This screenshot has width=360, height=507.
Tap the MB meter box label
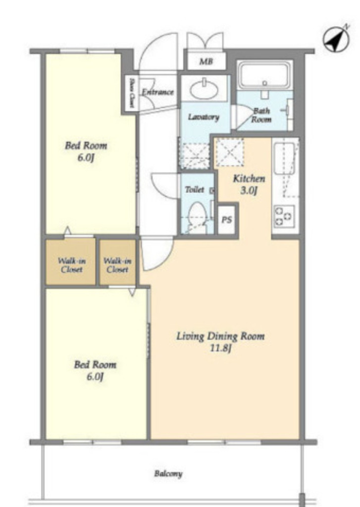click(x=206, y=60)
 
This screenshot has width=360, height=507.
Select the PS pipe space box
click(x=227, y=219)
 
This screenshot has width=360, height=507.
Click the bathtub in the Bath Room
click(x=264, y=76)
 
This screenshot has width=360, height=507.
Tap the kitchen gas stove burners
click(x=284, y=216)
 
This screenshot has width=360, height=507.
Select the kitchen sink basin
click(x=284, y=159)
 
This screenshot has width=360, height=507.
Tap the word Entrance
click(x=158, y=92)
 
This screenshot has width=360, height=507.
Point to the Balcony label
click(x=168, y=474)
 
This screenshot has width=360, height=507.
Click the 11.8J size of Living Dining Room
click(x=220, y=349)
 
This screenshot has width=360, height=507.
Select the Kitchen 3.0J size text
click(x=249, y=191)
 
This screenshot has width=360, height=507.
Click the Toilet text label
click(x=195, y=190)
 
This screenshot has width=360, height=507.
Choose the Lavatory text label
click(x=204, y=117)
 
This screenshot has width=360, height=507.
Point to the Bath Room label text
click(x=261, y=115)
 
